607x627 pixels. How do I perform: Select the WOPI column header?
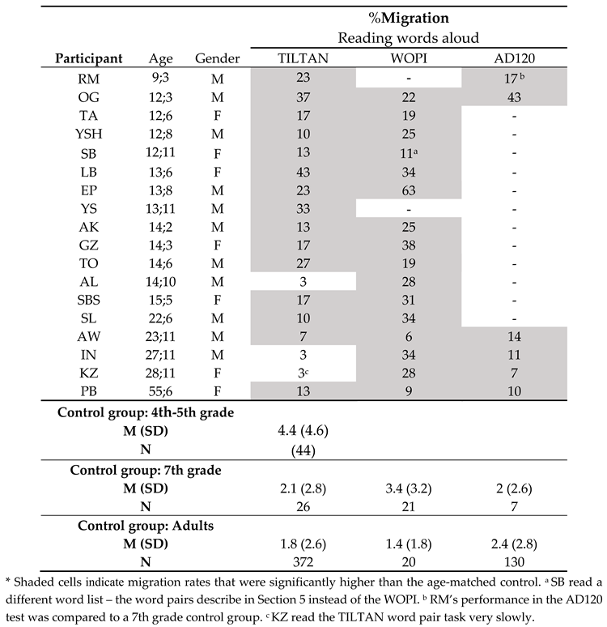pyautogui.click(x=409, y=58)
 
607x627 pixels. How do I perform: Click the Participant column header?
pyautogui.click(x=89, y=58)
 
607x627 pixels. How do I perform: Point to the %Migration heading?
pyautogui.click(x=410, y=17)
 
